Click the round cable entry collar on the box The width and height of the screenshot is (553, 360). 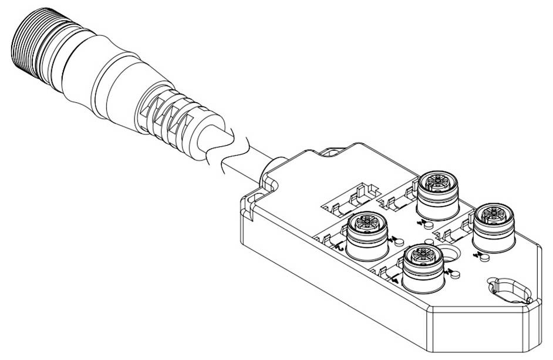pos(272,170)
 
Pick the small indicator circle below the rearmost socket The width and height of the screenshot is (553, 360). pos(428,224)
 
